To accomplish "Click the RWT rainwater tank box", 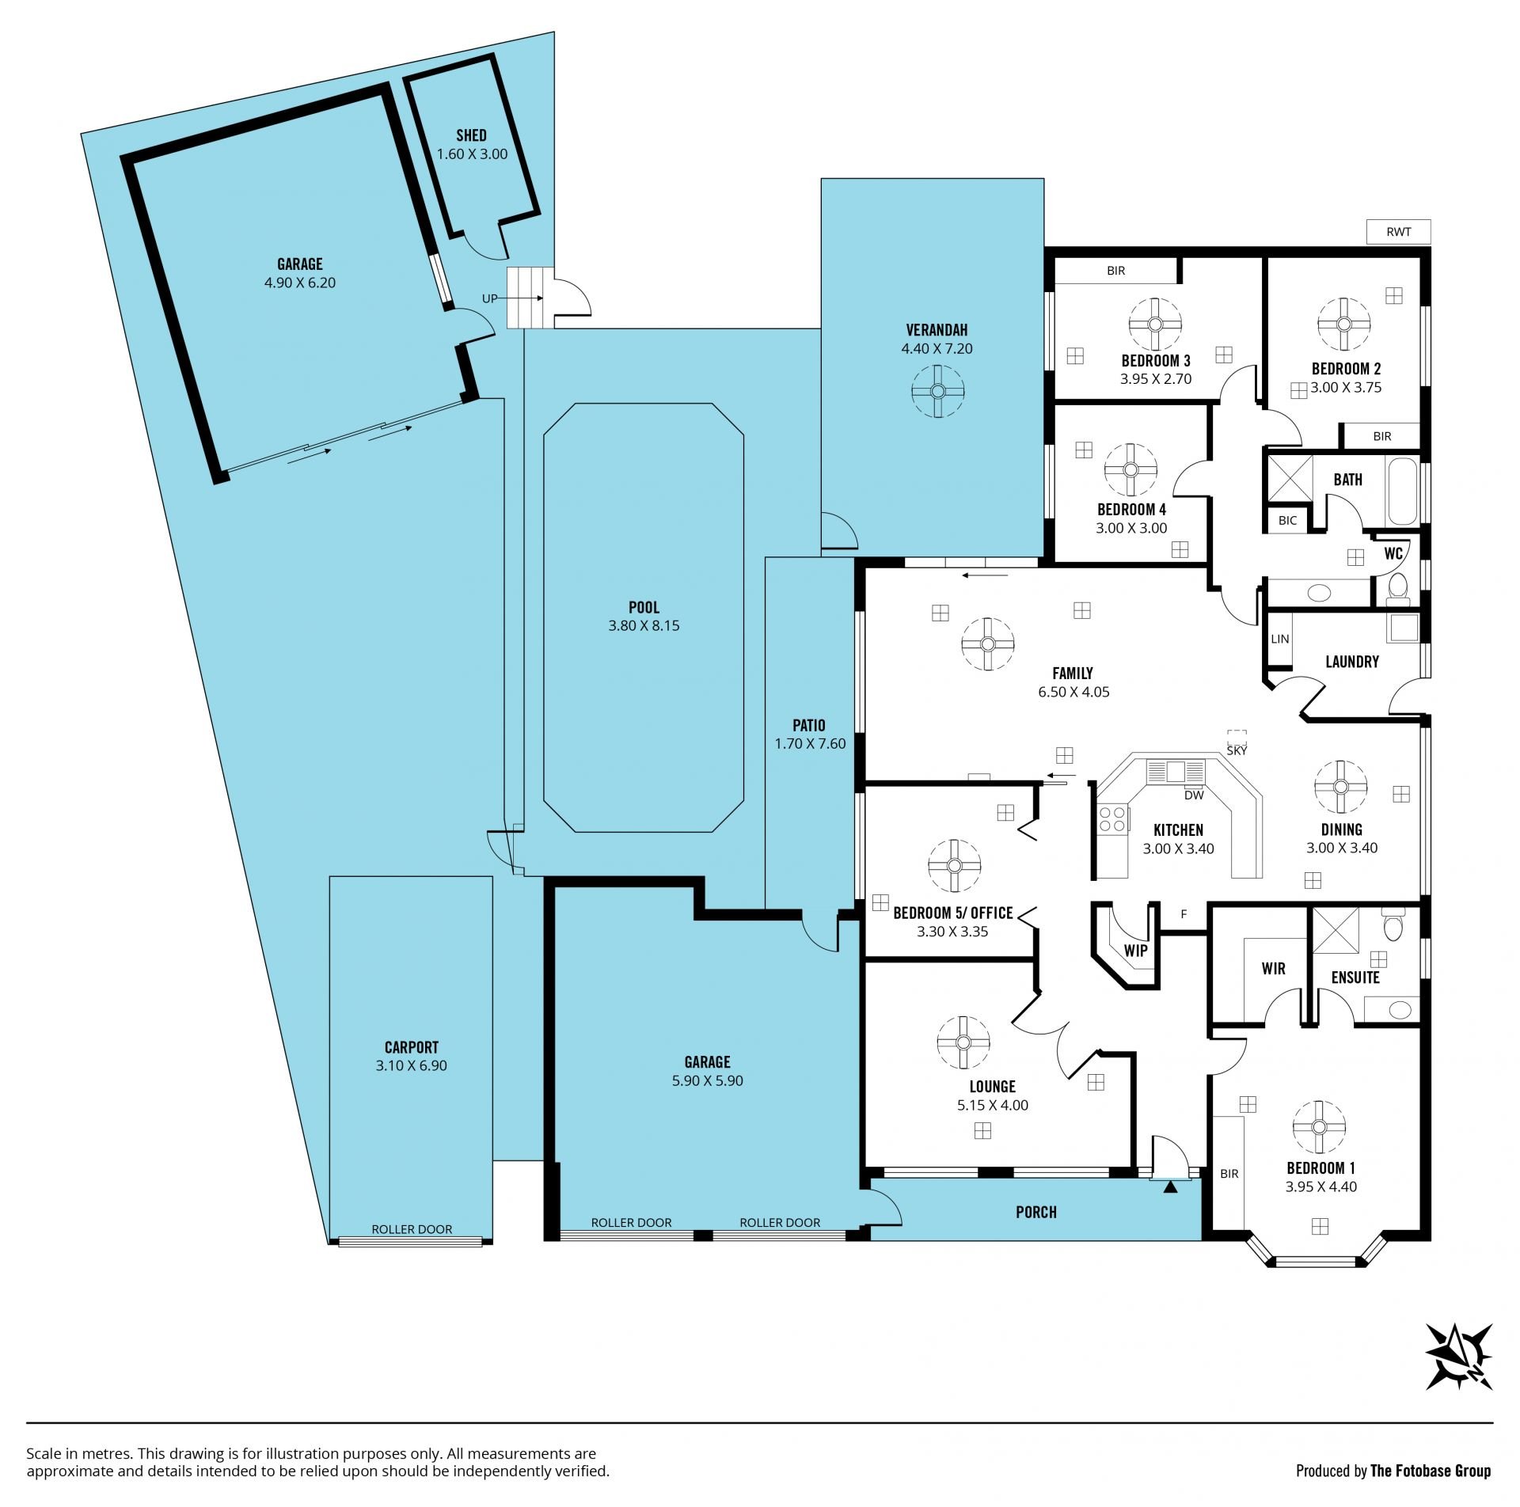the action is [1399, 232].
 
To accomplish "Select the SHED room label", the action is [471, 135].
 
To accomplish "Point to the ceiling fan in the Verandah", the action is [937, 391].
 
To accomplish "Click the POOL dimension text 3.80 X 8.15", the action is [644, 625].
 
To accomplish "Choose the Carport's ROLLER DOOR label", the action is [412, 1229].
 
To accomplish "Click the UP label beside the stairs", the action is [490, 298].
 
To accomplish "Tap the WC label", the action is [1393, 553].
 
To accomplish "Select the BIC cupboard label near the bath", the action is [1287, 520].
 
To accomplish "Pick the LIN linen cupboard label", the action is [1279, 639].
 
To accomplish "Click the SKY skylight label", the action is [1236, 750].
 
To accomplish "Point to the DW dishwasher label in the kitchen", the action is [1194, 795].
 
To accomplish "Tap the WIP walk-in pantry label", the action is [1135, 951].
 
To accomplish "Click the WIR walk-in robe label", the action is [1273, 968].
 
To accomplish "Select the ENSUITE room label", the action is [1355, 977].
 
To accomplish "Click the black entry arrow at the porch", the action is [1170, 1186].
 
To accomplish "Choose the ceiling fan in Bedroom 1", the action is [1319, 1127].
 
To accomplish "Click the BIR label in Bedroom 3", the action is [1115, 271].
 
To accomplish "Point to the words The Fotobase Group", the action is [1430, 1471].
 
